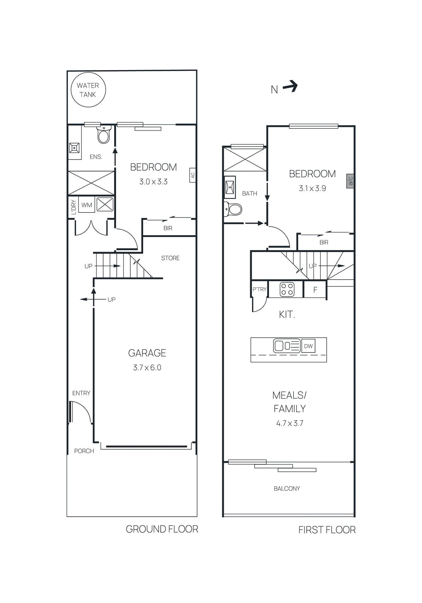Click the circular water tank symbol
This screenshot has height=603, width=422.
tap(88, 90)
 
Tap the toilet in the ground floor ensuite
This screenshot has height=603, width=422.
tap(104, 135)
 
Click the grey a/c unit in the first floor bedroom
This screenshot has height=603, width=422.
tap(350, 181)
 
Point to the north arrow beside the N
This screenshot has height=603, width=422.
tap(291, 87)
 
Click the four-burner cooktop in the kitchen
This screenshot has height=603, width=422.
tap(287, 289)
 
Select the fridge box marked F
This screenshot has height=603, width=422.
tap(315, 290)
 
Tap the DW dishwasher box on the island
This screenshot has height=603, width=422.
tap(308, 346)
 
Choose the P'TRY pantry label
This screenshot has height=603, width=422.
tap(259, 289)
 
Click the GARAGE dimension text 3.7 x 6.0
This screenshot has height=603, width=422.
tap(147, 367)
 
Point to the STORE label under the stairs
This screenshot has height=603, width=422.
tap(170, 258)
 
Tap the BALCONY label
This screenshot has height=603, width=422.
tap(287, 488)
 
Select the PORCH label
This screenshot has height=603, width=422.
tap(84, 451)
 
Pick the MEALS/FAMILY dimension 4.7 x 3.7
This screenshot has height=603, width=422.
tap(290, 423)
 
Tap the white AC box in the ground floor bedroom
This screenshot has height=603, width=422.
tap(193, 175)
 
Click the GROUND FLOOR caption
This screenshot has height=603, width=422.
tap(162, 529)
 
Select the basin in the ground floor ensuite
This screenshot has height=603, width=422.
tap(74, 148)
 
